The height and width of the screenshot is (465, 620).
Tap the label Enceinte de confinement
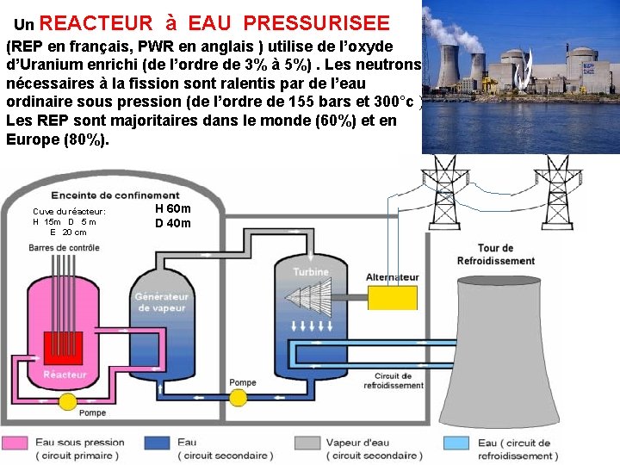(115, 195)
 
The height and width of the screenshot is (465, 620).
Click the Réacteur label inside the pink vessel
(65, 375)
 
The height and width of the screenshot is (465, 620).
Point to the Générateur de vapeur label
(161, 302)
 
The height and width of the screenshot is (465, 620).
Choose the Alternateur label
(393, 277)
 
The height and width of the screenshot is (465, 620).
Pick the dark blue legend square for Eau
(157, 443)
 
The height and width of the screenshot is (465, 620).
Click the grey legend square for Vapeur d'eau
(307, 443)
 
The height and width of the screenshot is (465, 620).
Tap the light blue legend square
(456, 443)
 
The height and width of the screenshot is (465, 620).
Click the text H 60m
(173, 208)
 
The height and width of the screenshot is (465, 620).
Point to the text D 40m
(173, 224)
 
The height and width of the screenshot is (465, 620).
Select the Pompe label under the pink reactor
(92, 412)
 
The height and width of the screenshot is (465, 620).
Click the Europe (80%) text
(58, 139)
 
